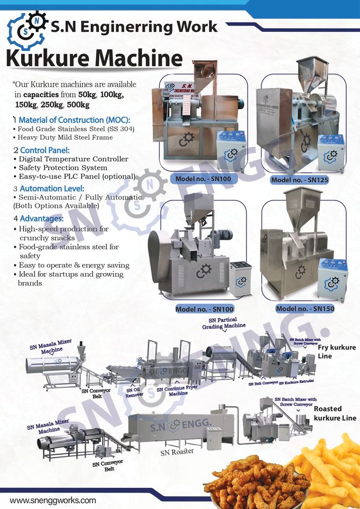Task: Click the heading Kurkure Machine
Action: [x=94, y=59]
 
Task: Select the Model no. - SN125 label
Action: [x=300, y=180]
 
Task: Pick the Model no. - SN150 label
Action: [x=304, y=308]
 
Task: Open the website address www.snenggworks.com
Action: [x=53, y=500]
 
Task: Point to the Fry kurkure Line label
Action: [x=337, y=352]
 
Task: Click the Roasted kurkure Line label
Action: [x=335, y=414]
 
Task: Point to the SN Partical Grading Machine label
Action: [x=223, y=324]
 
